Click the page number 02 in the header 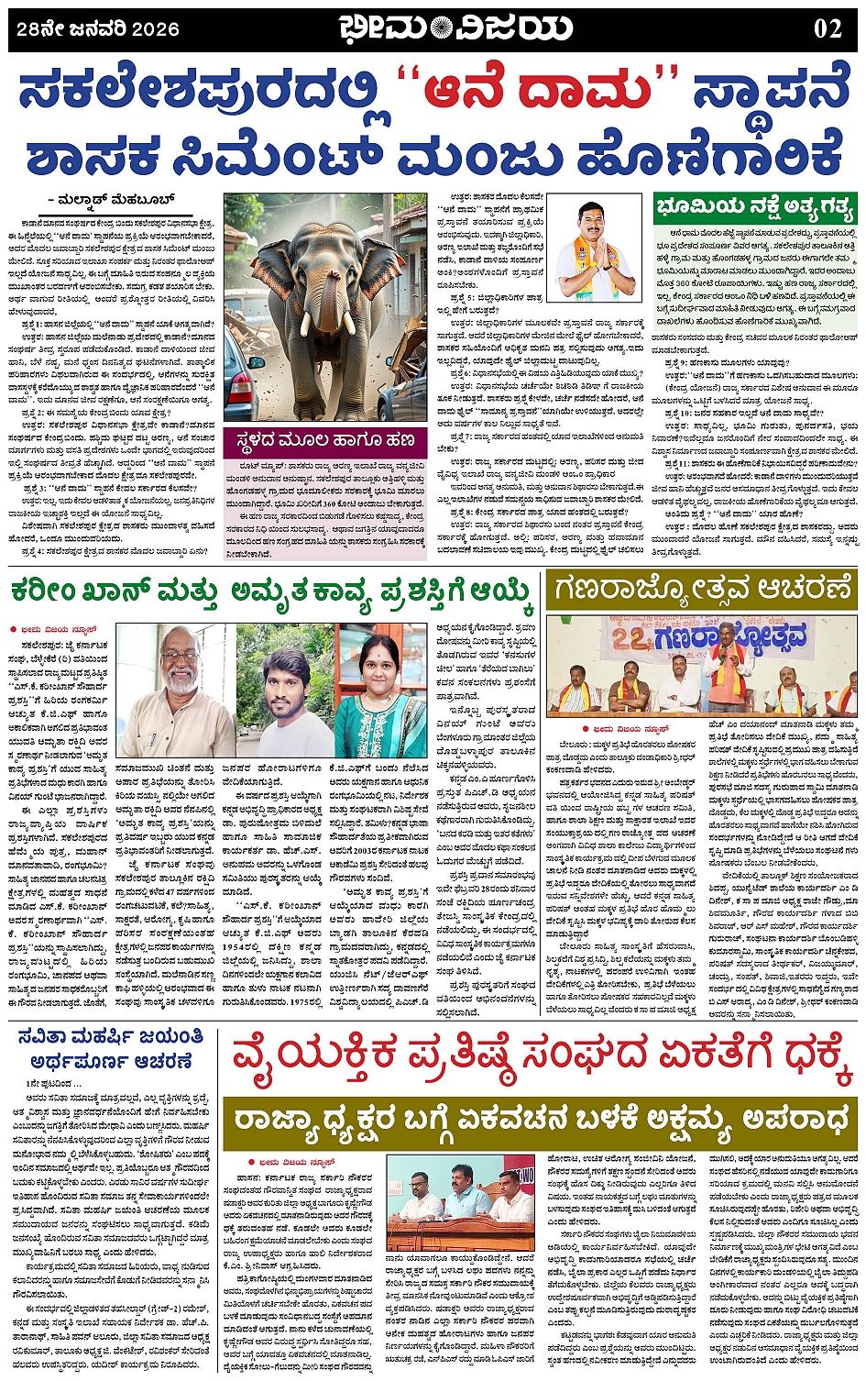[827, 28]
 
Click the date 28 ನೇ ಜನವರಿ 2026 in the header [98, 29]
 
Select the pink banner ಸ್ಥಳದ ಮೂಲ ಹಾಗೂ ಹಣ [325, 440]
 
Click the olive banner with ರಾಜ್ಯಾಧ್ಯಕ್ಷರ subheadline [543, 1120]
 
